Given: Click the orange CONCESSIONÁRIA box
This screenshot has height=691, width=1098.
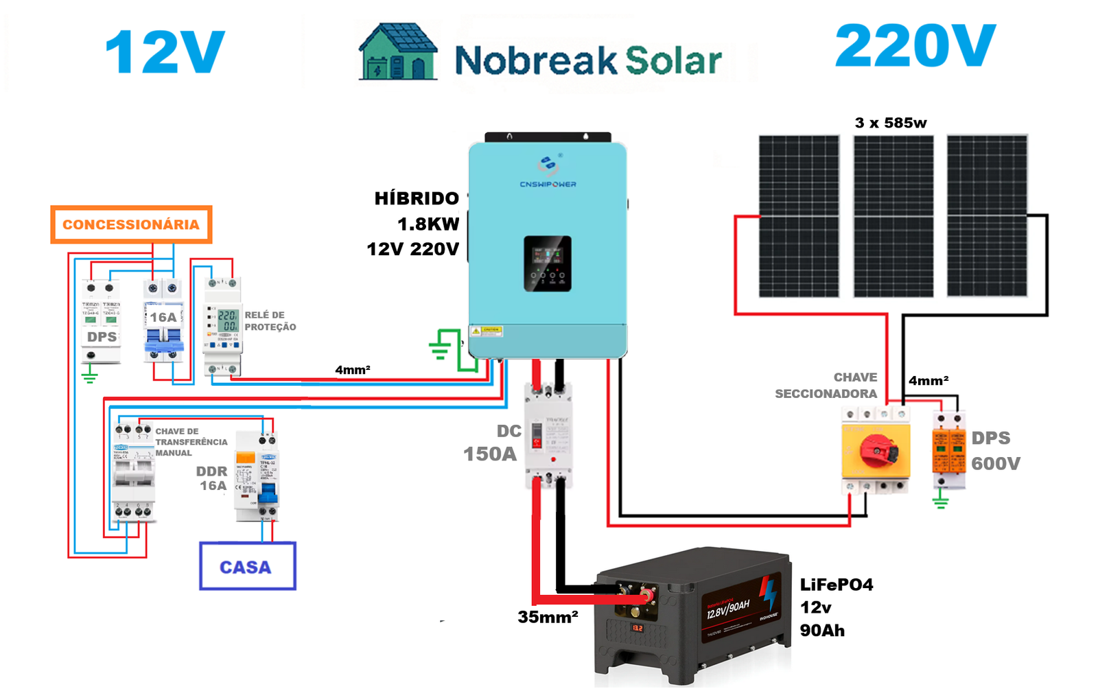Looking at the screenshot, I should coord(131,224).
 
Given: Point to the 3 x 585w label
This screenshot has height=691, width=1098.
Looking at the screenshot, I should coord(890,123).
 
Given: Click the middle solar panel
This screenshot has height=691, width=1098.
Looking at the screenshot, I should coord(893,216).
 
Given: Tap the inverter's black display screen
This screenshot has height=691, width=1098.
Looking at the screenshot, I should coord(548,263).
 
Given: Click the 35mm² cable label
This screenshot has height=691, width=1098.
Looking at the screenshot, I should coord(548,617).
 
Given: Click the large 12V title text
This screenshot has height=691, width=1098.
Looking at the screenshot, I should coord(165,52).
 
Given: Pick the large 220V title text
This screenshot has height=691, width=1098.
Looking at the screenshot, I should coord(915,47).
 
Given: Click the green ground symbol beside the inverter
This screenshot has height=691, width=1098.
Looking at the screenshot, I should coord(440,346).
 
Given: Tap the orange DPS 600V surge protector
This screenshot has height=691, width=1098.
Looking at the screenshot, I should coord(948,449).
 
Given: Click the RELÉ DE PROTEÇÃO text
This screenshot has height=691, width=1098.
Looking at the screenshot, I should coord(270,321).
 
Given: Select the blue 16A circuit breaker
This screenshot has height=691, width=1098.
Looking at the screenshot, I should coord(163,321).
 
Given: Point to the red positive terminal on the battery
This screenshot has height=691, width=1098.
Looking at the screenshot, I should coord(646,594).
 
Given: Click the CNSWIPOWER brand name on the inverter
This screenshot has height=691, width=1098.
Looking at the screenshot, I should coord(548,184).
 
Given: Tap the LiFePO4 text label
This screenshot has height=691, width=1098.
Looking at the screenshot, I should coord(836,585).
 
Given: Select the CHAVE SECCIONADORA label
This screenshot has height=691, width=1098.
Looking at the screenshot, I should coord(826,386).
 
